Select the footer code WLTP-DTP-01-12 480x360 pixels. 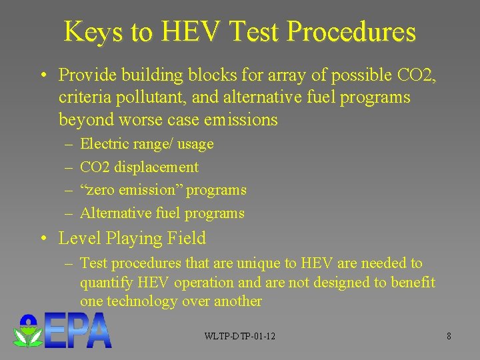(x=240, y=336)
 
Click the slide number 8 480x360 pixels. (x=449, y=336)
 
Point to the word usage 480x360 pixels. (x=196, y=144)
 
